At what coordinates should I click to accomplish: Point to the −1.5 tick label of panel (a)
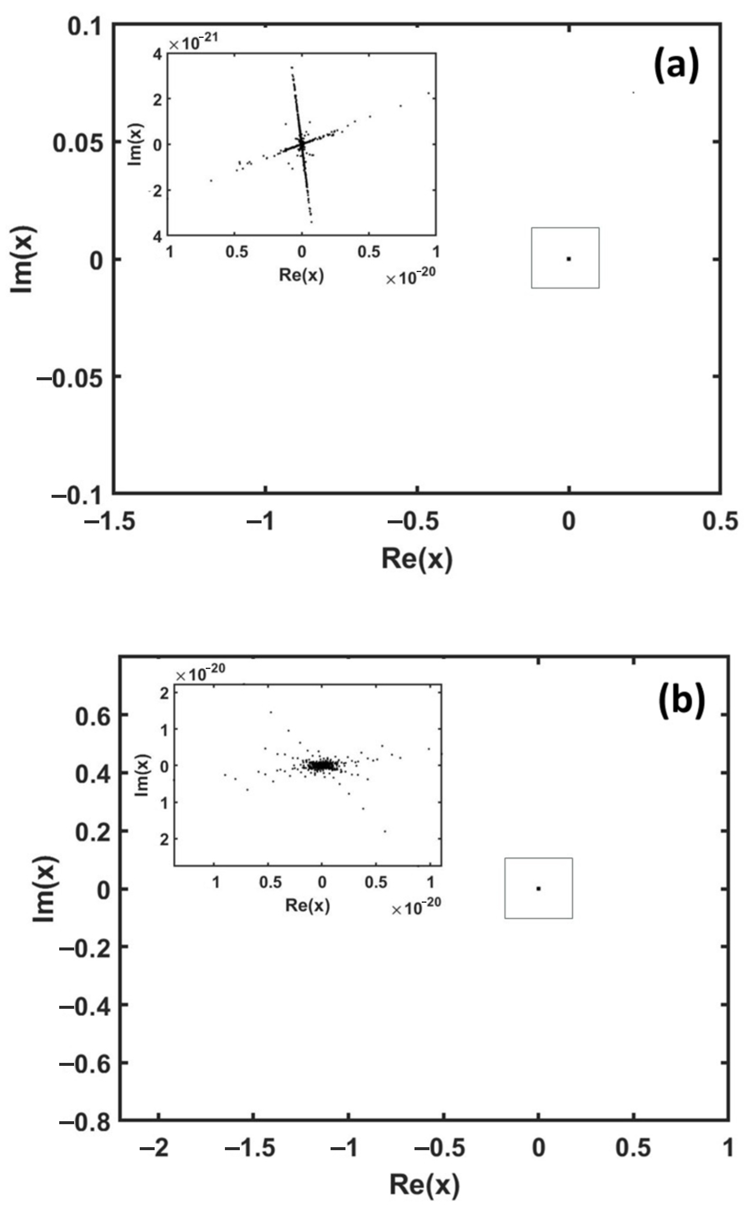point(110,521)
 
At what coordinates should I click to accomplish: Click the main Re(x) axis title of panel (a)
point(417,558)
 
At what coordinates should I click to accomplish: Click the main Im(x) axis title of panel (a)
point(23,259)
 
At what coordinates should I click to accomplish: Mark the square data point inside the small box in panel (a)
point(569,258)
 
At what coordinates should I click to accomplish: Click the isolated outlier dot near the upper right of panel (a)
point(633,92)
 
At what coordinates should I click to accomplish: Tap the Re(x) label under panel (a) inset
point(301,275)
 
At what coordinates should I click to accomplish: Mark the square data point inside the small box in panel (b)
point(538,889)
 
